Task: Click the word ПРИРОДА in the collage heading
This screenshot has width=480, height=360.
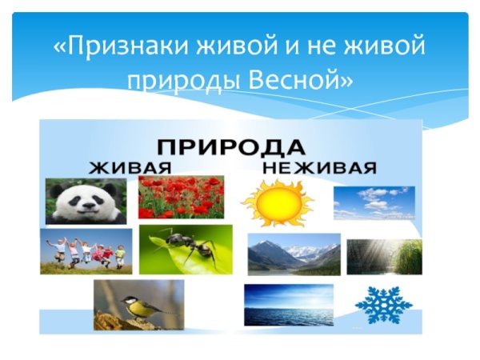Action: click(230, 148)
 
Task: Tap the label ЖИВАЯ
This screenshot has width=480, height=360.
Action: click(130, 168)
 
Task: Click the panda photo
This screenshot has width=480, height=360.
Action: click(86, 201)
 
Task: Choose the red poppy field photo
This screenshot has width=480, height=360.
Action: click(181, 198)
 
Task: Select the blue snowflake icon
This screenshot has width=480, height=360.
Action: click(383, 304)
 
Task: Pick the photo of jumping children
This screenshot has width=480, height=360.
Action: click(86, 251)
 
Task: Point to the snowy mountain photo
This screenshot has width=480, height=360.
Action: click(294, 254)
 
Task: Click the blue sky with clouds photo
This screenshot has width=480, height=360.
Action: click(374, 202)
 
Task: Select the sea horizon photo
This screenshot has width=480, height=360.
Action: click(288, 305)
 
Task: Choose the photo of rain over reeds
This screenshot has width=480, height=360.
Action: click(384, 256)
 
